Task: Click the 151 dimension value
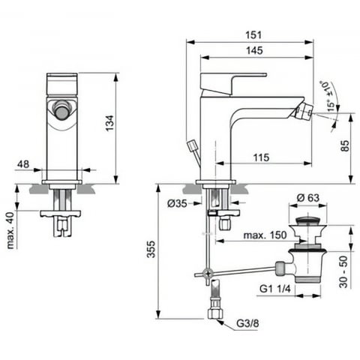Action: [x=253, y=34]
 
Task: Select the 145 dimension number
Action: [x=254, y=50]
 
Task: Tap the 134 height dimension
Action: [x=109, y=123]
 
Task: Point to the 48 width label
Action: [x=23, y=164]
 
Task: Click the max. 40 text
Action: [x=10, y=230]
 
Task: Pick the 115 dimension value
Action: [x=261, y=157]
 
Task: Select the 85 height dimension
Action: [x=344, y=145]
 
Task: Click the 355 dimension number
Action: [x=151, y=249]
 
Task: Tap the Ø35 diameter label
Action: [x=177, y=203]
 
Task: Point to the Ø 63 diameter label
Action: [x=308, y=198]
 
